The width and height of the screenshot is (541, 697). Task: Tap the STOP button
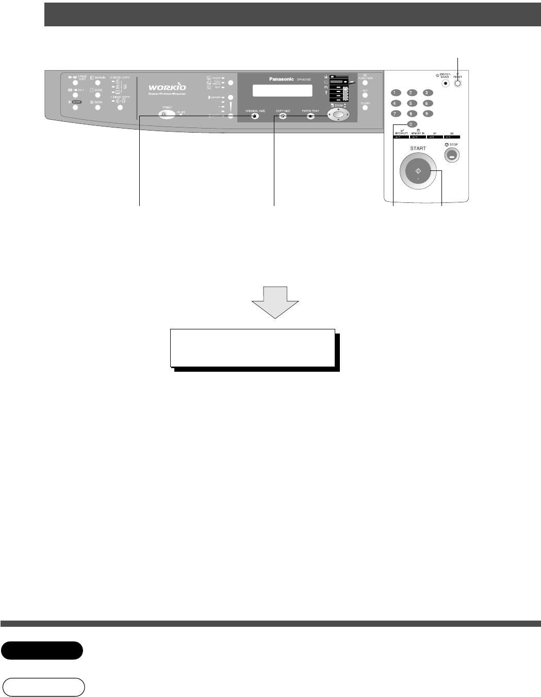(451, 155)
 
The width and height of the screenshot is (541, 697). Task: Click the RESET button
(457, 84)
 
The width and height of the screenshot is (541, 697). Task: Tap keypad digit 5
(412, 103)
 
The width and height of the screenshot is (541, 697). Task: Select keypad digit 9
(428, 114)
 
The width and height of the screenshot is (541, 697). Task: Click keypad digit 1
(396, 93)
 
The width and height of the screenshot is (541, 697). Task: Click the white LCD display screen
(282, 90)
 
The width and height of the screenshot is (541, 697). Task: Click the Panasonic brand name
(281, 79)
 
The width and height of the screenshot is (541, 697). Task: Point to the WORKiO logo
(167, 87)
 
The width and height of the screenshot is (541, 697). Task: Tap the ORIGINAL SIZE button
(254, 117)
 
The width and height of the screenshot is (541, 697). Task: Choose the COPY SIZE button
(283, 117)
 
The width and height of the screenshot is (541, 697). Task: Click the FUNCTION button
(365, 83)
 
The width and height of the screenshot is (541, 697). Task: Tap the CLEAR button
(365, 108)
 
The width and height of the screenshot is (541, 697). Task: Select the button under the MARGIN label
(98, 83)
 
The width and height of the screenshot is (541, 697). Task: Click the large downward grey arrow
(275, 303)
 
